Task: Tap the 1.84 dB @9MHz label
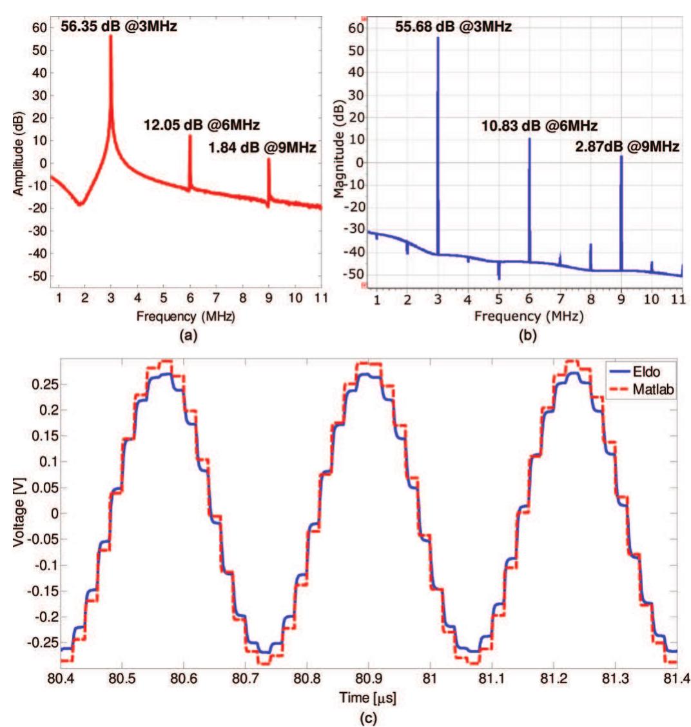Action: coord(262,148)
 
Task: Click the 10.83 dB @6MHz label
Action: coord(540,125)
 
